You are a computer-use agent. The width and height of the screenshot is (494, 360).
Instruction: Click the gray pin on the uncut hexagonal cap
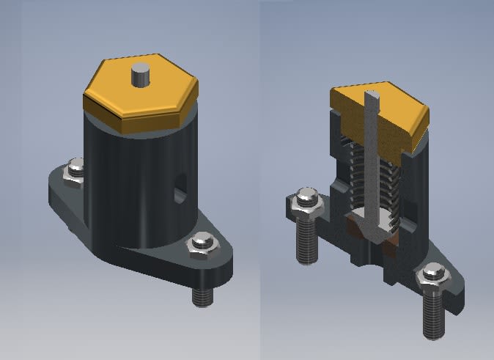140,76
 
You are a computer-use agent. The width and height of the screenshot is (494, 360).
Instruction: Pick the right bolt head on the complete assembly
202,245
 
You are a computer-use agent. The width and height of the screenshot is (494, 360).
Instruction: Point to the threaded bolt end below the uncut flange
202,295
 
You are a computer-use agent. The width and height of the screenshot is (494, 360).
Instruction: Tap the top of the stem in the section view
372,95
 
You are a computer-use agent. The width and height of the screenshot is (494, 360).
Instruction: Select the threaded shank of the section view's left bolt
306,242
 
